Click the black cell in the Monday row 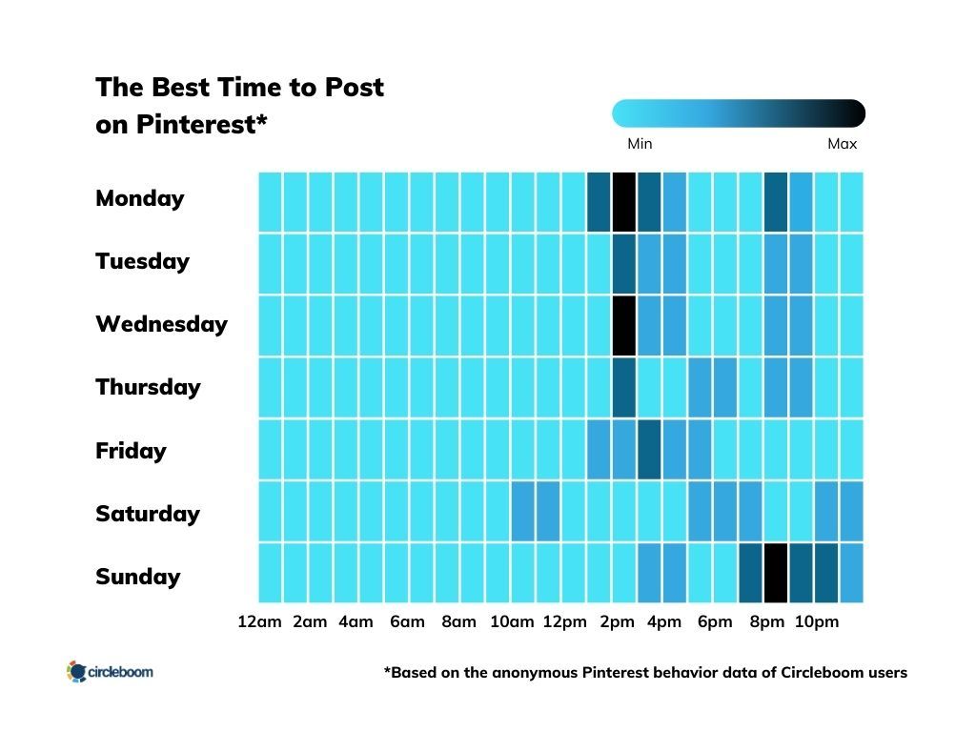click(x=623, y=201)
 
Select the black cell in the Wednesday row click(x=623, y=325)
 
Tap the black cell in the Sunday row click(x=776, y=573)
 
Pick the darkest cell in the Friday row click(x=649, y=449)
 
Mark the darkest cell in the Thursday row click(x=623, y=387)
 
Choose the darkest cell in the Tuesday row click(x=623, y=263)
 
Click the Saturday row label click(x=147, y=514)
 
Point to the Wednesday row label click(x=161, y=324)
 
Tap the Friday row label click(x=131, y=451)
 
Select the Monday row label click(x=139, y=198)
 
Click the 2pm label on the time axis click(x=617, y=622)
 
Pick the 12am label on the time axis click(x=259, y=622)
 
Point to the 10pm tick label click(x=817, y=622)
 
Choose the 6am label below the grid click(x=407, y=622)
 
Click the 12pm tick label click(x=564, y=622)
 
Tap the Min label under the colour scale click(x=640, y=144)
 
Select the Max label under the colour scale click(x=842, y=144)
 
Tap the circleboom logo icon click(x=76, y=672)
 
